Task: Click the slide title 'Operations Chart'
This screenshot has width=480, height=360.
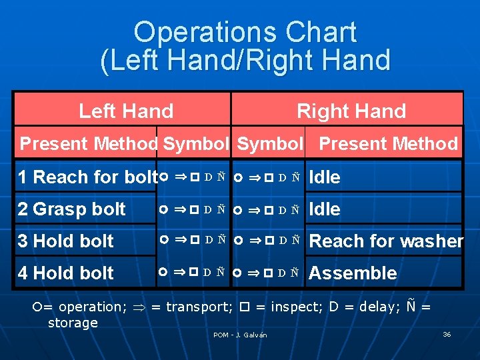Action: click(x=245, y=32)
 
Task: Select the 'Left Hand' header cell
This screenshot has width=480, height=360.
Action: click(x=126, y=111)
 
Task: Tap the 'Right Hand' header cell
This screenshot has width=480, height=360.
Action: click(x=351, y=111)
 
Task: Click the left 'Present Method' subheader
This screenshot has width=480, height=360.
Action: click(x=89, y=143)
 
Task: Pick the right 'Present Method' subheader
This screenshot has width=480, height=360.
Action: click(x=388, y=143)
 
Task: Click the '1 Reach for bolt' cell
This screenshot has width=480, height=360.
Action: click(x=87, y=177)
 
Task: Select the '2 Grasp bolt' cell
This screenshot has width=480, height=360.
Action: click(x=72, y=209)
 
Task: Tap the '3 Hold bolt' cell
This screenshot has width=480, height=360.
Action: click(x=66, y=241)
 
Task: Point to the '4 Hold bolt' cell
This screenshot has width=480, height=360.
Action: click(x=66, y=273)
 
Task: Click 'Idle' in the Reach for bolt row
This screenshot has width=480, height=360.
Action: click(x=325, y=177)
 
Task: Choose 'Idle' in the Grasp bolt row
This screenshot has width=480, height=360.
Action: click(x=325, y=209)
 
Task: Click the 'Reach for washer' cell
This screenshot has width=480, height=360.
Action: click(x=386, y=241)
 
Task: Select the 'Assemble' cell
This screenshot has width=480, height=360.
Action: click(x=353, y=273)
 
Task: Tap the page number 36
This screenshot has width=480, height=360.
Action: click(x=447, y=334)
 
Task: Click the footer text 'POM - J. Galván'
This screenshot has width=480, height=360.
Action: click(x=240, y=335)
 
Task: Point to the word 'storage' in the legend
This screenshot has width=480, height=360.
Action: click(x=73, y=323)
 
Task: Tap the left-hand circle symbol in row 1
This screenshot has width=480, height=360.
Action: click(x=164, y=177)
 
